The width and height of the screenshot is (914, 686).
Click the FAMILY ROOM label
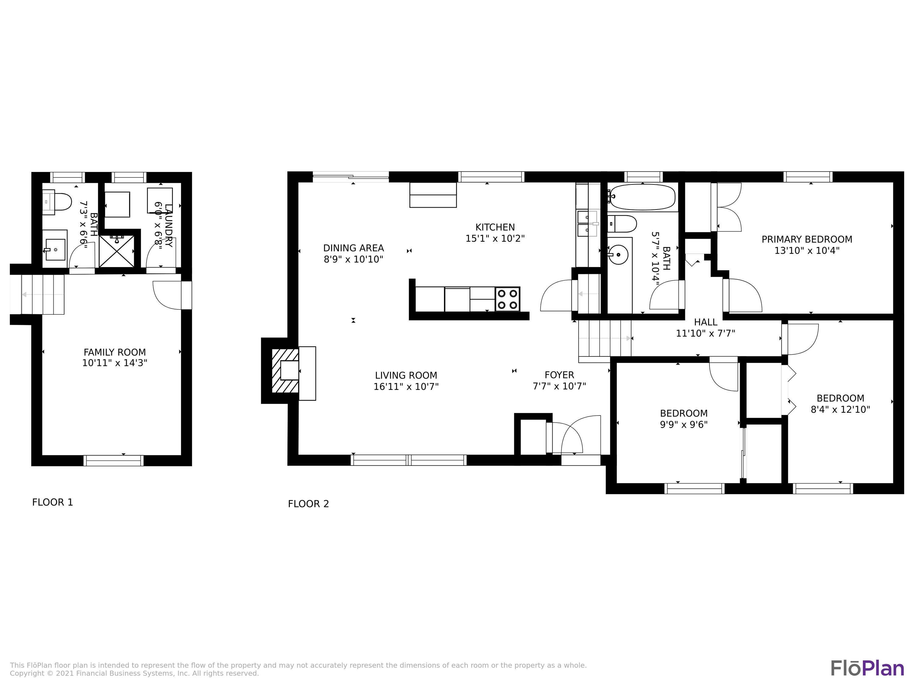(115, 352)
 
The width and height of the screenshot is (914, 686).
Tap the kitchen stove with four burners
(507, 299)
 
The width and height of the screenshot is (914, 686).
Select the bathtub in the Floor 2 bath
(643, 197)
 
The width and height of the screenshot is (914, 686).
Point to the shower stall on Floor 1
(116, 251)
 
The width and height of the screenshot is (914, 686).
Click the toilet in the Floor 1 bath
(58, 202)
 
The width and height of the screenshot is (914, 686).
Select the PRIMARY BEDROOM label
(806, 239)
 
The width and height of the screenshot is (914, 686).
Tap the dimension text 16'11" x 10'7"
(406, 387)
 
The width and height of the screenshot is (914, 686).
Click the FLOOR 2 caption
(308, 504)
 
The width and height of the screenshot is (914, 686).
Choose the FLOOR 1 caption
(52, 502)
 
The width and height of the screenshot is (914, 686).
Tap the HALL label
(705, 322)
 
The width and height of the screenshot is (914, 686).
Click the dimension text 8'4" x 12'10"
(840, 409)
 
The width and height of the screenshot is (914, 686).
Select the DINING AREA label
(353, 248)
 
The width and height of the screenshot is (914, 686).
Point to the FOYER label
(559, 375)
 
